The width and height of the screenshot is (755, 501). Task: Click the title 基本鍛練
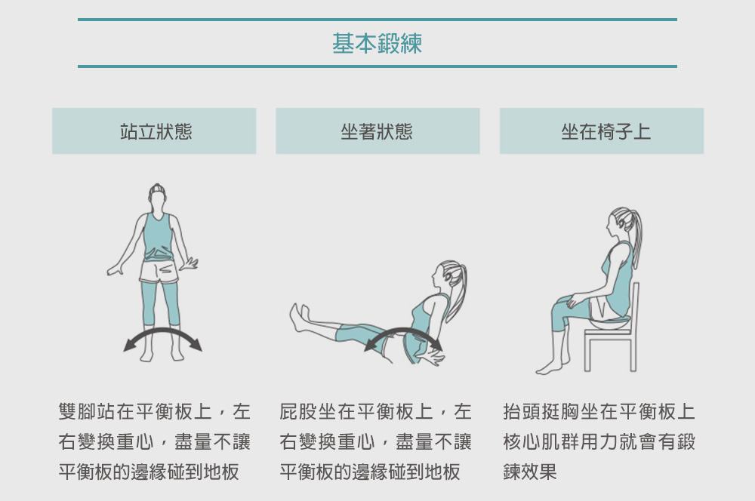377,43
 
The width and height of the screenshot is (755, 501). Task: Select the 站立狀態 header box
154,131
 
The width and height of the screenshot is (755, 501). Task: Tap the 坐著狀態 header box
377,131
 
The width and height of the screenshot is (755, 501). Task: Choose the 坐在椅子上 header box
602,131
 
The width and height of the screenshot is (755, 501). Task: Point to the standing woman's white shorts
159,272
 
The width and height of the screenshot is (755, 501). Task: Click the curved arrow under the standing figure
163,330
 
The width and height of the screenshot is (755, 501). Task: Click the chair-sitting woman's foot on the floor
550,368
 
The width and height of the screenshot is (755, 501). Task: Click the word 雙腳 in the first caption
77,411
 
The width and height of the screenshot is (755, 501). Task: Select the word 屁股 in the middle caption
298,411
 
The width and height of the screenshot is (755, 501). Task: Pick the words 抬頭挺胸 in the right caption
541,411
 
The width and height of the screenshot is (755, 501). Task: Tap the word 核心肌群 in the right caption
541,441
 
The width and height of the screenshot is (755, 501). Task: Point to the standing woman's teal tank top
158,237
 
